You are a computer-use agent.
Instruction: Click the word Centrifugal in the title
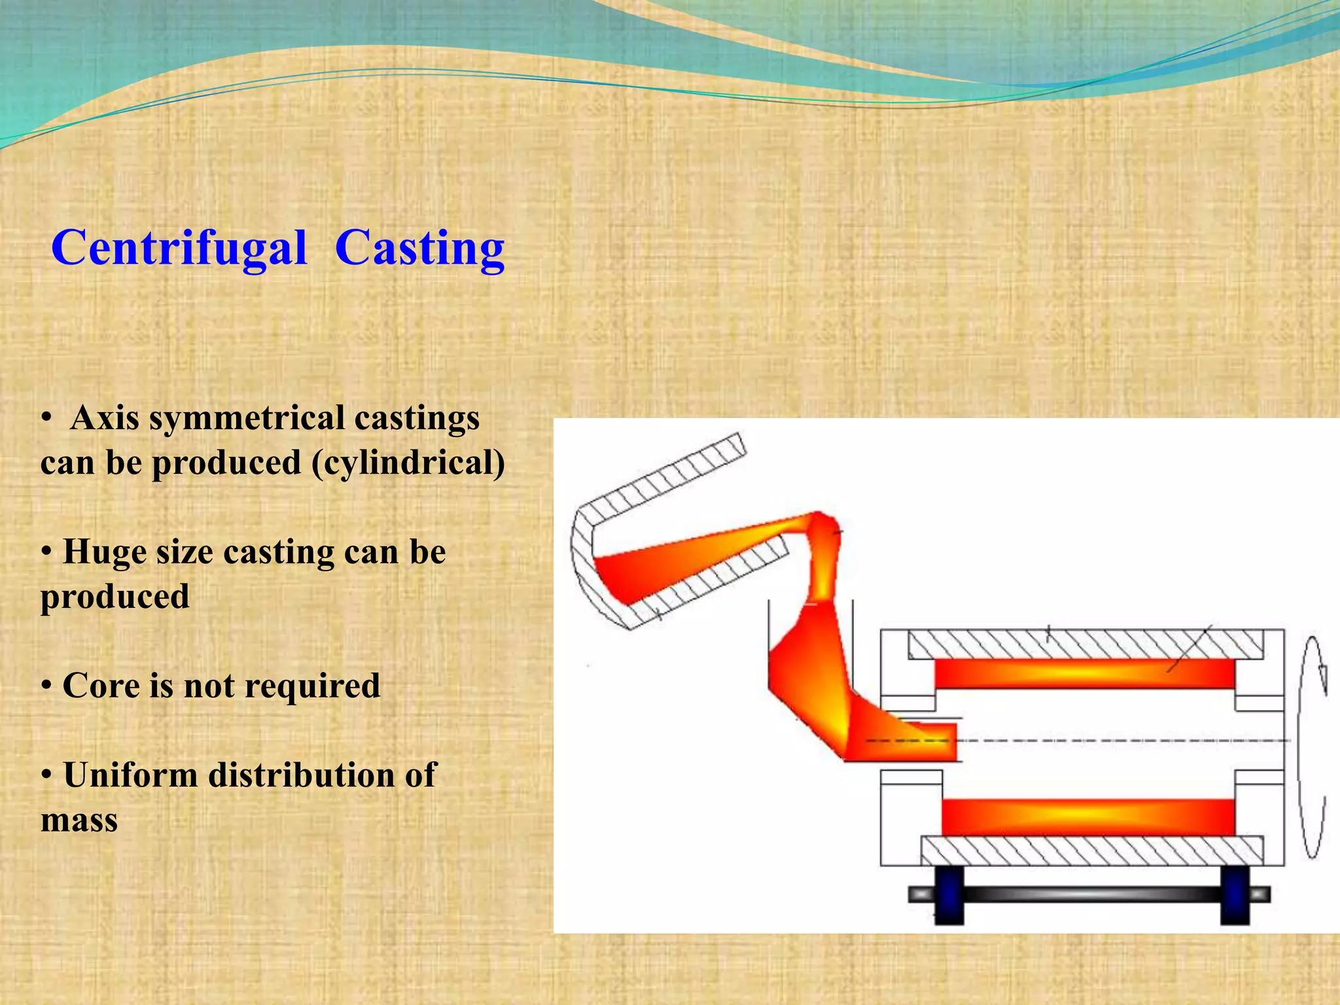click(x=179, y=249)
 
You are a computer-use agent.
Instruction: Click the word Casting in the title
click(x=419, y=249)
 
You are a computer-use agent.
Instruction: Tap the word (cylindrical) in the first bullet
click(x=408, y=463)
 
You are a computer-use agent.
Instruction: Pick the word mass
click(x=79, y=820)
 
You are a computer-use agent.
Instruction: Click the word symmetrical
click(x=247, y=418)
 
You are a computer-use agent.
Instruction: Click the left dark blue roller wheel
click(x=949, y=895)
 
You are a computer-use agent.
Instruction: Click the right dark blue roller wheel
click(x=1235, y=895)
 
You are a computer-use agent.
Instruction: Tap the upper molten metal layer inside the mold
click(x=1084, y=673)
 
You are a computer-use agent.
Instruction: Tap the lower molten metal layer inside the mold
click(x=1087, y=817)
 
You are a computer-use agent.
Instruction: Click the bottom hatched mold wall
click(x=1091, y=851)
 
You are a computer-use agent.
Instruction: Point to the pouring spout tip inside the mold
click(x=942, y=741)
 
